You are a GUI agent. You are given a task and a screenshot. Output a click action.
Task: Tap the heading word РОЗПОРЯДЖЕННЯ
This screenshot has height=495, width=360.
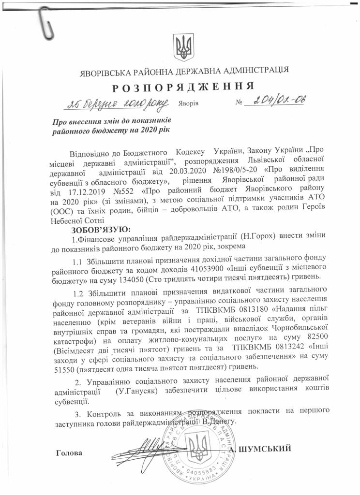click(x=184, y=87)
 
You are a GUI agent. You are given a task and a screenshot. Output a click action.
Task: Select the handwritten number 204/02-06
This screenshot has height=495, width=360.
click(x=276, y=101)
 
